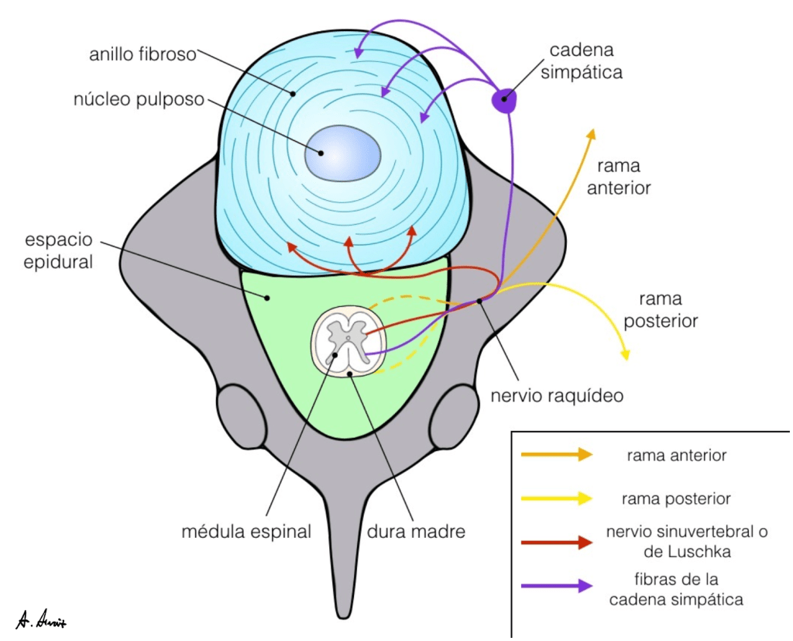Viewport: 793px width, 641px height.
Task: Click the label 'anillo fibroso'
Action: click(x=143, y=56)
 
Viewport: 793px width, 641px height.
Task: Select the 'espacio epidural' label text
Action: click(x=58, y=250)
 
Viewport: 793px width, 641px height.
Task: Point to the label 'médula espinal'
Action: click(x=246, y=532)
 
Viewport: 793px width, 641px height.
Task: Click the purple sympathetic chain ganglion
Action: click(x=505, y=100)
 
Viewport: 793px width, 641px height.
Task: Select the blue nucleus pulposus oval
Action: click(x=342, y=152)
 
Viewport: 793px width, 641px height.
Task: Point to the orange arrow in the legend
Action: click(x=557, y=455)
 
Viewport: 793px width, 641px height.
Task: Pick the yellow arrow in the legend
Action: click(x=557, y=499)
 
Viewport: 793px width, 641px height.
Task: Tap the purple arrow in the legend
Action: click(x=557, y=586)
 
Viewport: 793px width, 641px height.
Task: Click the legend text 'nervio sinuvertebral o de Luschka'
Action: click(x=676, y=541)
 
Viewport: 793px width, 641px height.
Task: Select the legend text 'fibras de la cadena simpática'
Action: click(x=676, y=589)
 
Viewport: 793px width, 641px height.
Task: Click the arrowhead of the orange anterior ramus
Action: click(x=592, y=133)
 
